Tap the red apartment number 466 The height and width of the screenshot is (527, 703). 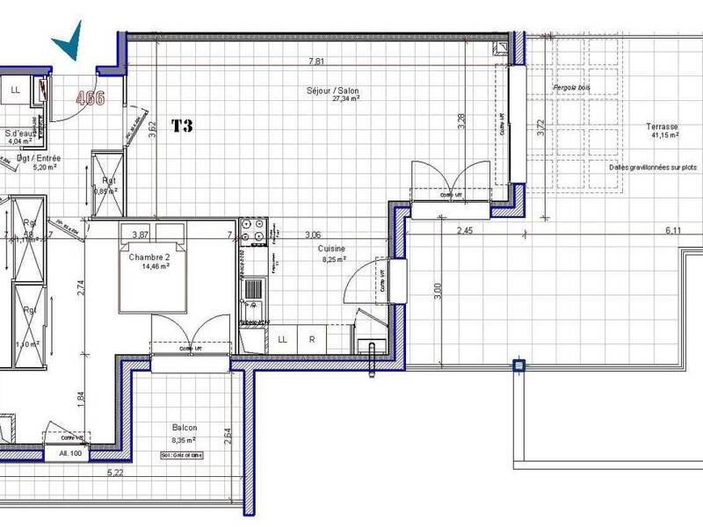(x=90, y=97)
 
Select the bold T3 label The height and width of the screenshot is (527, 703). (x=182, y=126)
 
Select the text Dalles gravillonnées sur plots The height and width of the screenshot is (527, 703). (x=652, y=167)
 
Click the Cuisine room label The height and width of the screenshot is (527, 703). (x=331, y=249)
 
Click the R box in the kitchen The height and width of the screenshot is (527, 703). (x=311, y=339)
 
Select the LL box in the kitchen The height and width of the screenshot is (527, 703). (x=282, y=339)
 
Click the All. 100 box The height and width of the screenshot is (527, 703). (x=69, y=453)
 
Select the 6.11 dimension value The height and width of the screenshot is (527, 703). (x=673, y=231)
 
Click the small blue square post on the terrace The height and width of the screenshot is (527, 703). (x=518, y=365)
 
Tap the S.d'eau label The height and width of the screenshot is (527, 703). (x=19, y=132)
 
